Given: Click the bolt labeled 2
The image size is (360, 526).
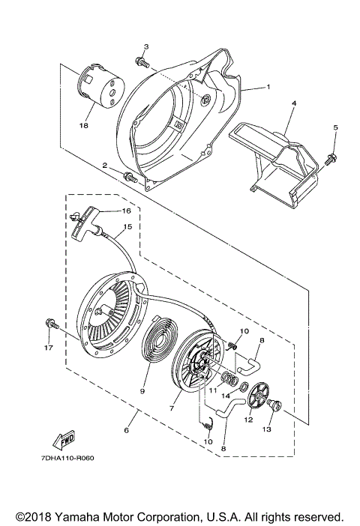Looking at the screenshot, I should (130, 177).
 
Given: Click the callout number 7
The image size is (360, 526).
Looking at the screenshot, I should (174, 409).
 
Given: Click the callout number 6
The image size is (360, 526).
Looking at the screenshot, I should (126, 430).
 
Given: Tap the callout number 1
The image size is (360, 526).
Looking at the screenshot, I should (266, 87).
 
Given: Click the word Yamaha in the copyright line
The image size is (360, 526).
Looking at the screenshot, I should (91, 517).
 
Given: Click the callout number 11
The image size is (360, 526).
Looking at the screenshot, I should (212, 390).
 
